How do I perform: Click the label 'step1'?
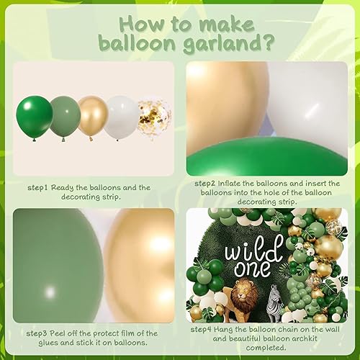click(x=36, y=187)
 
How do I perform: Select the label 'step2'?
click(x=208, y=184)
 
